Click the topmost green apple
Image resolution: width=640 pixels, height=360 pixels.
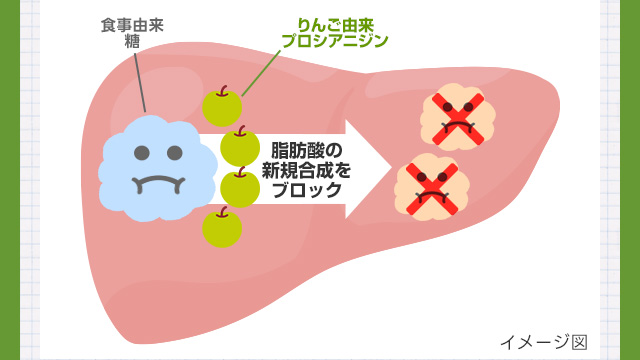[222, 108]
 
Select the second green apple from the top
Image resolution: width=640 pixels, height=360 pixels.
[240, 147]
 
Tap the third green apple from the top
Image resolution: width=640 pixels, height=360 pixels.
[240, 188]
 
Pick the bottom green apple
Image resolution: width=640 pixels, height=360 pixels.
[222, 228]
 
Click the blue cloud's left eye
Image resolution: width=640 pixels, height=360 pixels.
[142, 153]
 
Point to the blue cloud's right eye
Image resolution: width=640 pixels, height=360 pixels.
[175, 153]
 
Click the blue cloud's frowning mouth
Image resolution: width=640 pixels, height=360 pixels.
[158, 184]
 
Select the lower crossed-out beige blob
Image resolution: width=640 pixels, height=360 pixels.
[432, 188]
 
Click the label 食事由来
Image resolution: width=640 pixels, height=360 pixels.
[132, 25]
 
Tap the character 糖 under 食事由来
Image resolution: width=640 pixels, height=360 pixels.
[132, 41]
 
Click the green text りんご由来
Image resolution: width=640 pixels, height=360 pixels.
[335, 25]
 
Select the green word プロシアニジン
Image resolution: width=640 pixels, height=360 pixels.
[335, 41]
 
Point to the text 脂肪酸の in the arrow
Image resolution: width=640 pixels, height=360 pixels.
[307, 151]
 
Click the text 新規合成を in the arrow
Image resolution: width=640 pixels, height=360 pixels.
[307, 170]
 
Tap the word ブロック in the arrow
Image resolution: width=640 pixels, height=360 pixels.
[307, 190]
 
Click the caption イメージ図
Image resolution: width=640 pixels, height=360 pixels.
[544, 342]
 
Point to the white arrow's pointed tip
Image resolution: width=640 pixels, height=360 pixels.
[391, 169]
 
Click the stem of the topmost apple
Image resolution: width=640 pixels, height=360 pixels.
[222, 91]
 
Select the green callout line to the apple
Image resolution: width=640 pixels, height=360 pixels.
[261, 73]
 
